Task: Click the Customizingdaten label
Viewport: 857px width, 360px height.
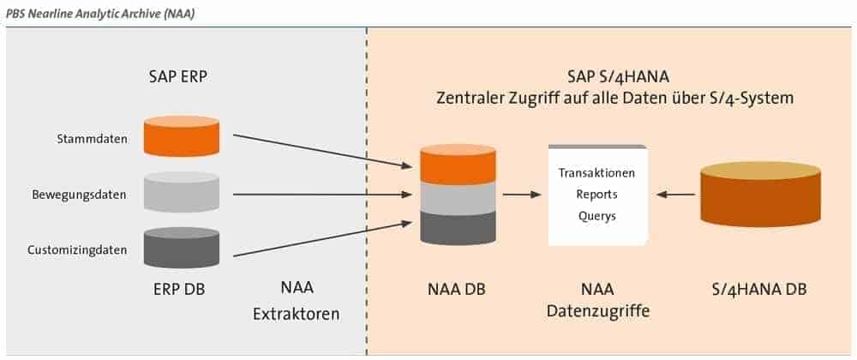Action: coord(77,250)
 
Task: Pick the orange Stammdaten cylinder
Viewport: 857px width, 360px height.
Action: coord(181,136)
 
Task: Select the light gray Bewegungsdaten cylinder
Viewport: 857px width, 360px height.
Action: coord(181,192)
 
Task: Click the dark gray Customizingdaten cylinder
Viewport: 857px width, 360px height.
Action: coord(181,248)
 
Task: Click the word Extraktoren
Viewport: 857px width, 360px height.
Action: coord(296,314)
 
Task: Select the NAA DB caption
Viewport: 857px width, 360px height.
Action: coord(457,289)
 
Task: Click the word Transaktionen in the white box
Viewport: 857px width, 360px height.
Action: coord(596,173)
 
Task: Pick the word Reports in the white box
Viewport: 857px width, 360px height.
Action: coord(596,194)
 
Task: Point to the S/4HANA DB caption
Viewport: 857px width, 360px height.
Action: coord(759,289)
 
